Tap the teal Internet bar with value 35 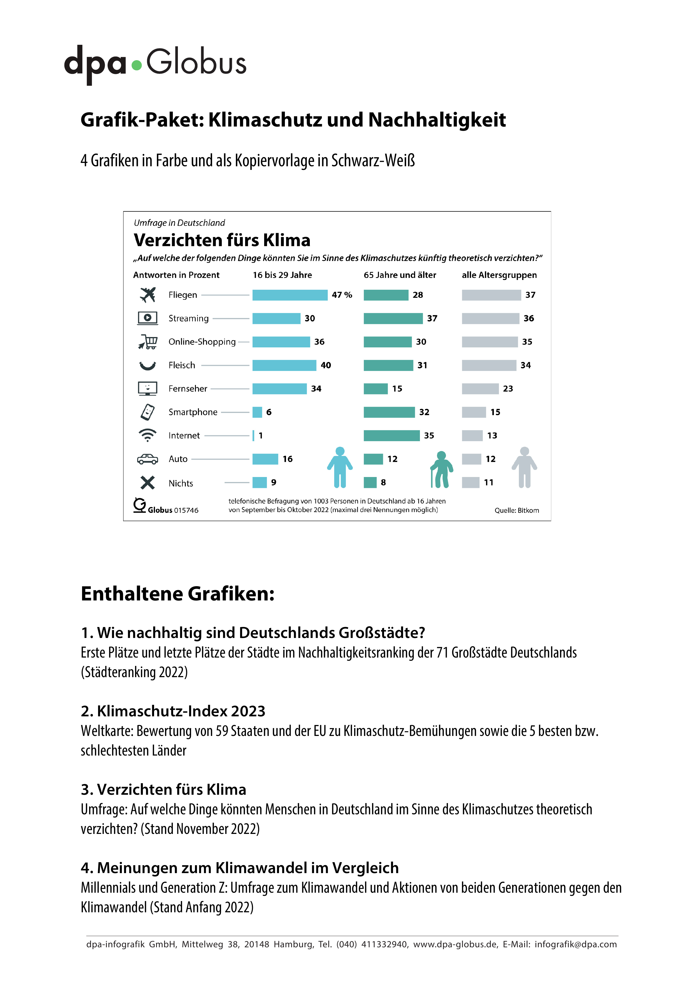point(392,435)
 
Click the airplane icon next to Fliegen point(148,295)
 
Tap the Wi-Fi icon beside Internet point(148,435)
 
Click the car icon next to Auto point(148,459)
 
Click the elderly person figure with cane point(441,469)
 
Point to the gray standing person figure point(524,467)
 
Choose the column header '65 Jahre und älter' point(400,275)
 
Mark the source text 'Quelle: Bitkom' point(517,510)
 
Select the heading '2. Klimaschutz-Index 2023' point(173,711)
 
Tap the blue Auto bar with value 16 point(265,459)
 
